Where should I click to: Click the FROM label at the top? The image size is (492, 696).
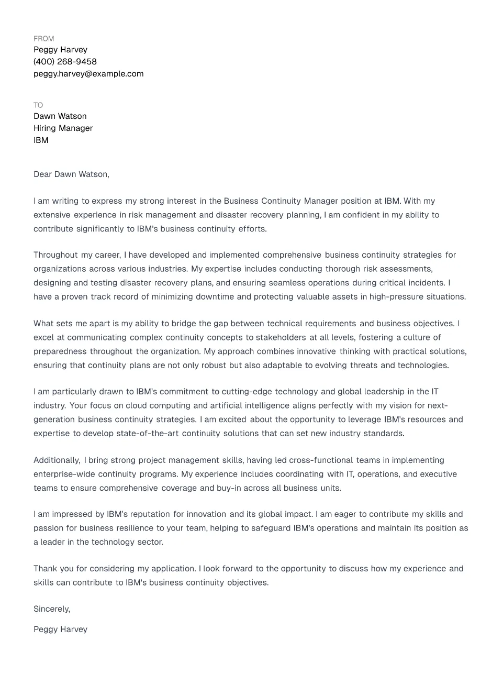43,39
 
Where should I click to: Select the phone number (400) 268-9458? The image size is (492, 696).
65,62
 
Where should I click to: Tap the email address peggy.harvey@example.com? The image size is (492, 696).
88,74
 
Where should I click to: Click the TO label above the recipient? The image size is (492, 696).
38,105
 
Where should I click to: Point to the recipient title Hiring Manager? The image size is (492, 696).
63,128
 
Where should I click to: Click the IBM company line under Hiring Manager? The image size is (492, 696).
41,140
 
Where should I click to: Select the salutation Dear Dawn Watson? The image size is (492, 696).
71,174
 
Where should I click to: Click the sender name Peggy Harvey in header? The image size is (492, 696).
60,50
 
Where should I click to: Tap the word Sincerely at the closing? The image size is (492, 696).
51,609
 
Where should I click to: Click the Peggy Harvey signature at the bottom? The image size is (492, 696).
60,629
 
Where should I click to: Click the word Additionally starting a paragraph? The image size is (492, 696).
57,460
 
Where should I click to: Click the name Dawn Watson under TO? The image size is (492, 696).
60,116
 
